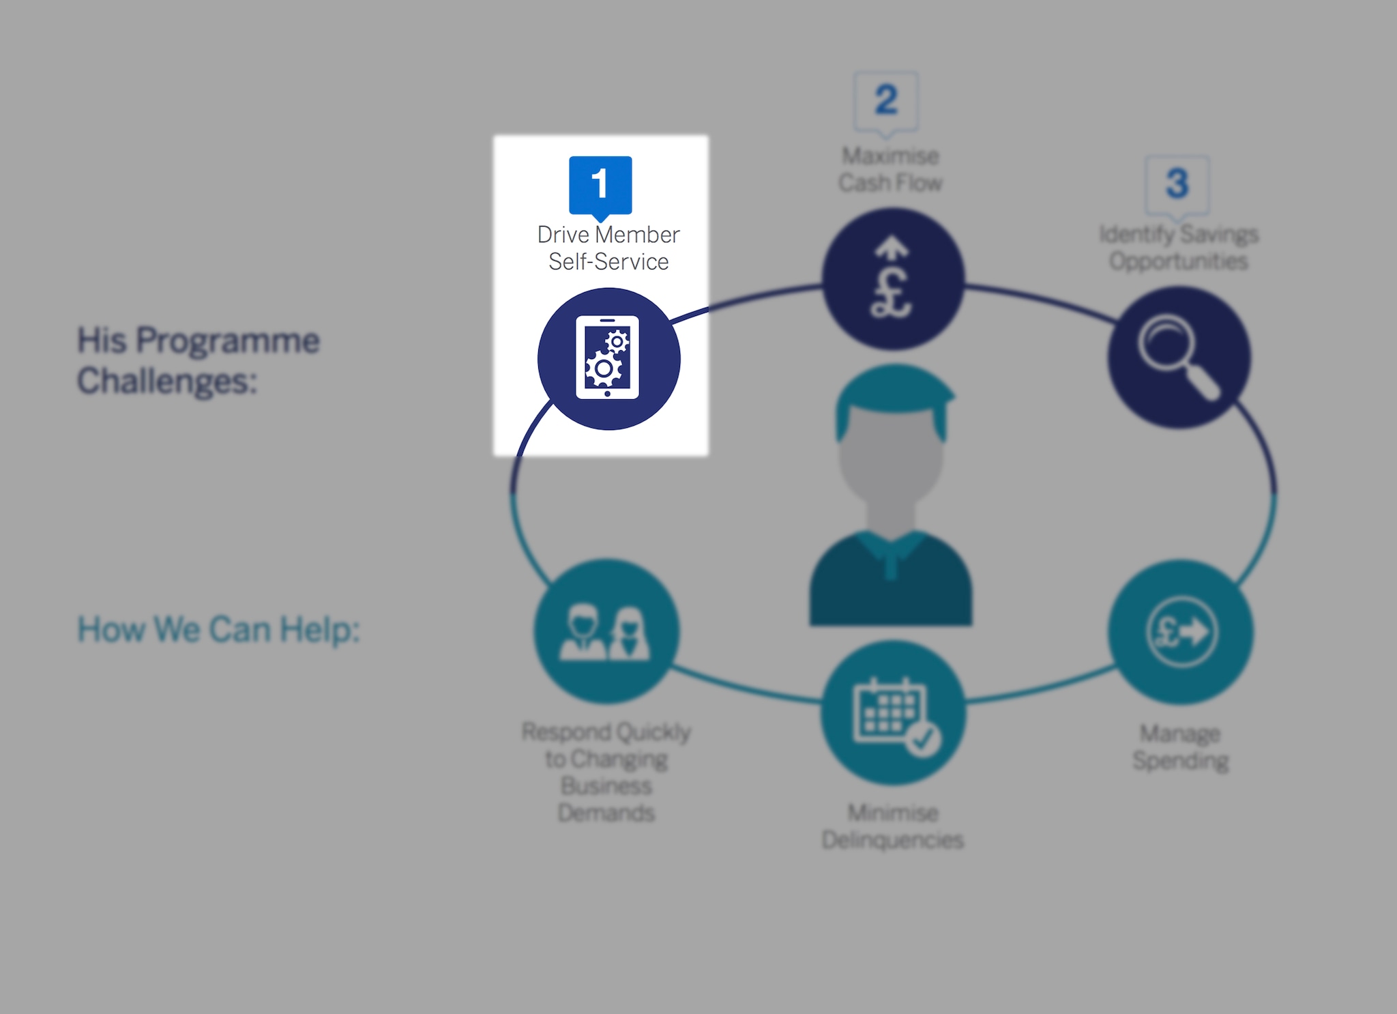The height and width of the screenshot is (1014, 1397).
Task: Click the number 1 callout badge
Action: pyautogui.click(x=600, y=184)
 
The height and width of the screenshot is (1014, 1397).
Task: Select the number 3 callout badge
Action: pyautogui.click(x=1177, y=184)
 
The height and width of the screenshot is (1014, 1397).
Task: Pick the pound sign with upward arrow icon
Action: pyautogui.click(x=892, y=280)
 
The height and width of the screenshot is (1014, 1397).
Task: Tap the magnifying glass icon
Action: pyautogui.click(x=1178, y=357)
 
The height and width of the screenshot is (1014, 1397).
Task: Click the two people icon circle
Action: pyautogui.click(x=606, y=632)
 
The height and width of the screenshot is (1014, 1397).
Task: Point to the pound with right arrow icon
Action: pyautogui.click(x=1181, y=631)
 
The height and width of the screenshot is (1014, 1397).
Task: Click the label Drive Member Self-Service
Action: pyautogui.click(x=608, y=248)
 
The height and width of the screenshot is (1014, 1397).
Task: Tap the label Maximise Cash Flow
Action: pyautogui.click(x=890, y=169)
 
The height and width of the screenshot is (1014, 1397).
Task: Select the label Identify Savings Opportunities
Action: pyautogui.click(x=1179, y=247)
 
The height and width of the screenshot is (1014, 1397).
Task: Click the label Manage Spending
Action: pyautogui.click(x=1180, y=747)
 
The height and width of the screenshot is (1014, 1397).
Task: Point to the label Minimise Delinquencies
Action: pyautogui.click(x=892, y=826)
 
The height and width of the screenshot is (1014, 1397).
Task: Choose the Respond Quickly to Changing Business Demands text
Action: pyautogui.click(x=606, y=772)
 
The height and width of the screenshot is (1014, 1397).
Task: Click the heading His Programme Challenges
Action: pyautogui.click(x=198, y=360)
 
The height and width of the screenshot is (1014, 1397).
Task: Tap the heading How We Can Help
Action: pyautogui.click(x=218, y=629)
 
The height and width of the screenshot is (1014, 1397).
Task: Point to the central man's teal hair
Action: pyautogui.click(x=894, y=392)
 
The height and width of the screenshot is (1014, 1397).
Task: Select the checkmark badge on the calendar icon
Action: pyautogui.click(x=924, y=739)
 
